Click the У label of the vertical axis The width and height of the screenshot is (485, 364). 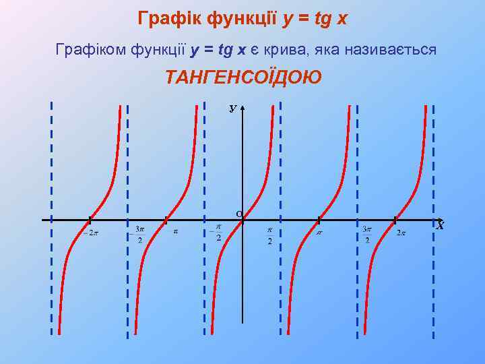pos(232,108)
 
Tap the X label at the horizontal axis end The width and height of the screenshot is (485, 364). pos(440,226)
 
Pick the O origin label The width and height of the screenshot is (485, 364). pos(239,214)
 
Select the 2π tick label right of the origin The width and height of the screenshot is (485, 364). pos(401,233)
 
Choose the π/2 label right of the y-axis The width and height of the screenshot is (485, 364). pos(269,235)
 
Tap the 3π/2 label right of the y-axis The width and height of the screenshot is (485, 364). pos(366,234)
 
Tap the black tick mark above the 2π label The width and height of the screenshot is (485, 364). pos(395,220)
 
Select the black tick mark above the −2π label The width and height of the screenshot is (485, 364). pos(90,220)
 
